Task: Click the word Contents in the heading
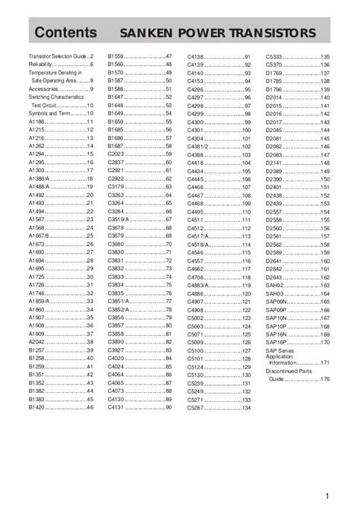tap(65, 33)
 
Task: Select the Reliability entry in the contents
tap(43, 66)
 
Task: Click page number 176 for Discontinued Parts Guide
tap(325, 378)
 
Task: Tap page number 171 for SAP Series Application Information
tap(325, 363)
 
